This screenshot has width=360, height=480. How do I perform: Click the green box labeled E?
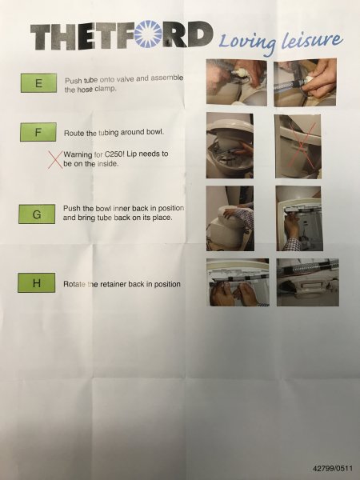point(38,83)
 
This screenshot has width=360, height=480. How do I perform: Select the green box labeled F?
point(38,132)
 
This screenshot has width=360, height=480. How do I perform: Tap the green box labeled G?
point(37,214)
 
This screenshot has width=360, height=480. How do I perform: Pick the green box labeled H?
point(37,283)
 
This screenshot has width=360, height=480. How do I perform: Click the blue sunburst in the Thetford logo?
point(149,34)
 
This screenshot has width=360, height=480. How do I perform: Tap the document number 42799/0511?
point(333,468)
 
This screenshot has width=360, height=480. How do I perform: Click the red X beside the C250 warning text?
point(54,159)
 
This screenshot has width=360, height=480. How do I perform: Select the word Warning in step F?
point(78,154)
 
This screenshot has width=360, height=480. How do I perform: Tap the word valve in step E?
point(126,79)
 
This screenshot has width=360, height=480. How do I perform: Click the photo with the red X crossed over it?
point(298,146)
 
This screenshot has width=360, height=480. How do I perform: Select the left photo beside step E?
point(236,82)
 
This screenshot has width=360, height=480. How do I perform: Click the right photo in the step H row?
point(308,282)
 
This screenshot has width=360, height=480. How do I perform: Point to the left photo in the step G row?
point(230,218)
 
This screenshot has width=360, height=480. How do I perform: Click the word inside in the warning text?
point(108,164)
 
